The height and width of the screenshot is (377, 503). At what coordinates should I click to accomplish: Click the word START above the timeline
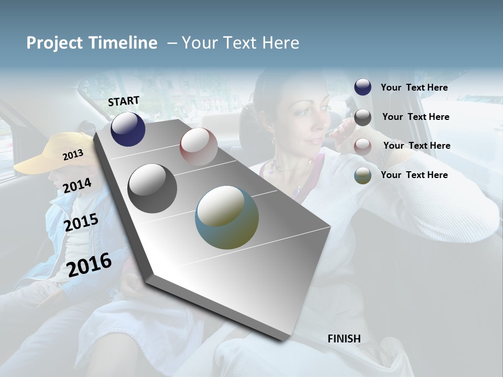124,101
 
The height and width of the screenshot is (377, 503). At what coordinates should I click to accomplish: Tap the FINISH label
344,339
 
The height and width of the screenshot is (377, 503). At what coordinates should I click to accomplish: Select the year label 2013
73,155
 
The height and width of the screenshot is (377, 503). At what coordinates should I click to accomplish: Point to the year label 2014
78,186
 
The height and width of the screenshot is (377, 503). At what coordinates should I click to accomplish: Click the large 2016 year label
90,264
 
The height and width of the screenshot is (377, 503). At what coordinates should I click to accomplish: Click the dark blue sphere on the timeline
128,129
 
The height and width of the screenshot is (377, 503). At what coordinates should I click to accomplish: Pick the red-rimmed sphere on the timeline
199,147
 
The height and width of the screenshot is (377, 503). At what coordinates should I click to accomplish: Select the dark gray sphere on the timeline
152,188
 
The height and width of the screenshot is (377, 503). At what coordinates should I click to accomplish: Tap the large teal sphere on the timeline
227,217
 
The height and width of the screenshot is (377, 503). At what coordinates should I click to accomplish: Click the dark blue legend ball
363,87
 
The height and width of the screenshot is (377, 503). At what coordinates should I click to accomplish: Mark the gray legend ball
363,117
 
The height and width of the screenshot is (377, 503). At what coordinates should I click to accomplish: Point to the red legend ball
363,147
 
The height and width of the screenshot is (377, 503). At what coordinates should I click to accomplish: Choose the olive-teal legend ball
363,175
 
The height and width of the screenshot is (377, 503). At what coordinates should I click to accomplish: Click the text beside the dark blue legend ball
414,87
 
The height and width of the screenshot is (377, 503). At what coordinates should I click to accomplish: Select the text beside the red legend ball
417,146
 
